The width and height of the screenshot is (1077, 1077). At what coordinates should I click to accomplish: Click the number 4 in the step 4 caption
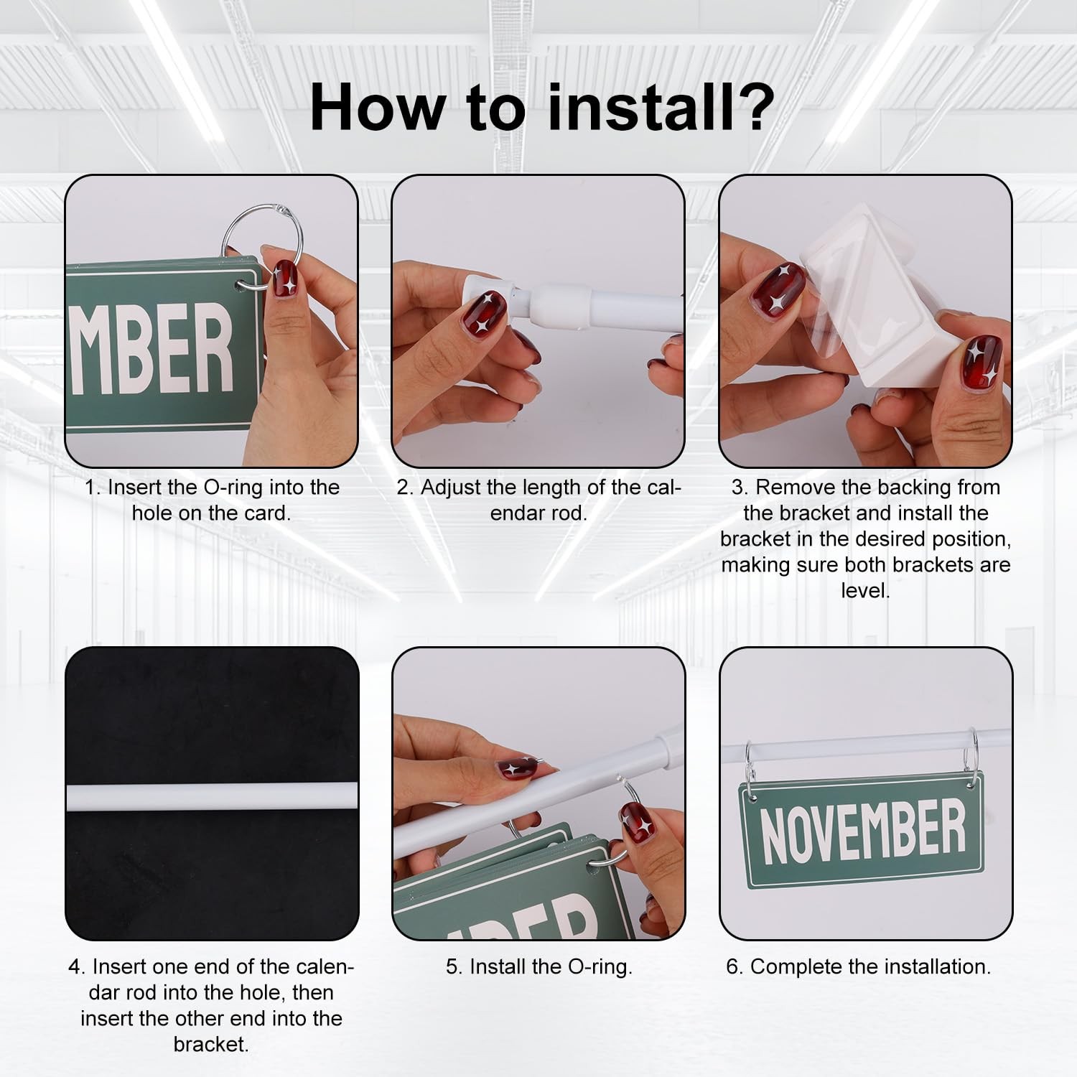point(76,967)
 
